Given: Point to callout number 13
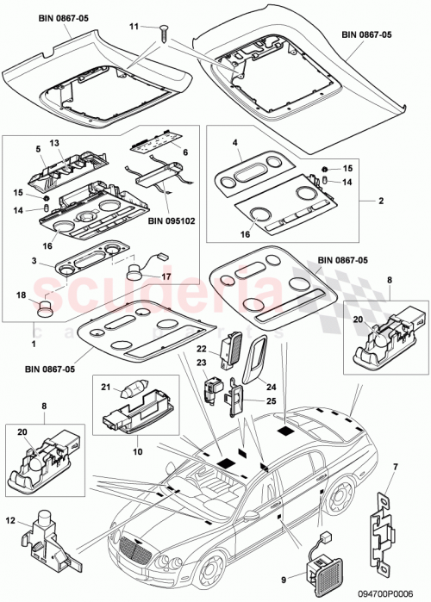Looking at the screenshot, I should [x=53, y=142].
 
